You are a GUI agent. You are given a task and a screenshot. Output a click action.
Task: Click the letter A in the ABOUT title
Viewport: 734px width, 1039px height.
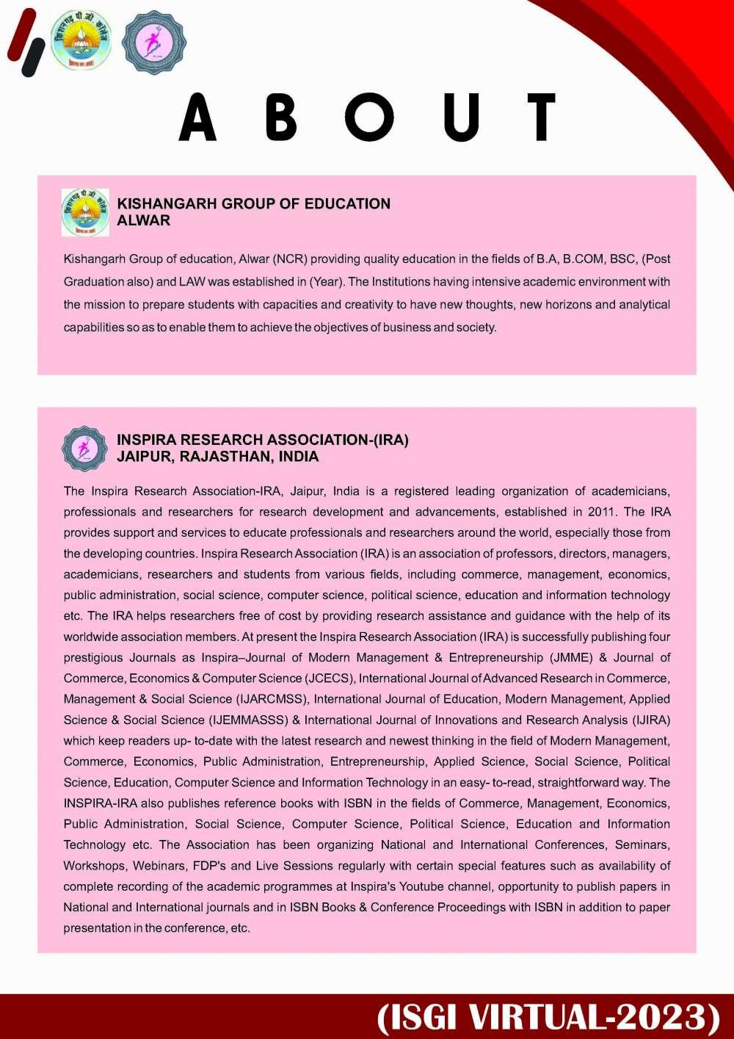pyautogui.click(x=197, y=117)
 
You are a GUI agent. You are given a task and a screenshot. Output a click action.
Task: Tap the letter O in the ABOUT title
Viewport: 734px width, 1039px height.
pyautogui.click(x=369, y=117)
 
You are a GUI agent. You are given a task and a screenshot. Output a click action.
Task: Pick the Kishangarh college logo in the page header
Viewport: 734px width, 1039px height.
pyautogui.click(x=81, y=41)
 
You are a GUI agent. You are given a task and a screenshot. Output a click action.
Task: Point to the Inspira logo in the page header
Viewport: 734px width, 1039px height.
pyautogui.click(x=153, y=43)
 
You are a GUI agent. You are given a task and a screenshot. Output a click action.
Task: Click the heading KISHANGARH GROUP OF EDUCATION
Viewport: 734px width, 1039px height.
pyautogui.click(x=253, y=203)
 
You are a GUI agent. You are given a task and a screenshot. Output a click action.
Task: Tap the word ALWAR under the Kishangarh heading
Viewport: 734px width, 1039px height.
pyautogui.click(x=143, y=220)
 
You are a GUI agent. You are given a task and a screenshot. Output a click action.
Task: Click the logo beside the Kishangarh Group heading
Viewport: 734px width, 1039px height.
pyautogui.click(x=85, y=212)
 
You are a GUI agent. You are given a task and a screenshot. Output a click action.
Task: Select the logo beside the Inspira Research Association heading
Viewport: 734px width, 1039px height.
pyautogui.click(x=85, y=449)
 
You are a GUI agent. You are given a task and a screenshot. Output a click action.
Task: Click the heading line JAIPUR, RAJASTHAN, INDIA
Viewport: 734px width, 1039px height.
pyautogui.click(x=217, y=457)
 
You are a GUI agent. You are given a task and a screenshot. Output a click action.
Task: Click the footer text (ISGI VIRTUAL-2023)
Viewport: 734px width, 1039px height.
pyautogui.click(x=549, y=1017)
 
